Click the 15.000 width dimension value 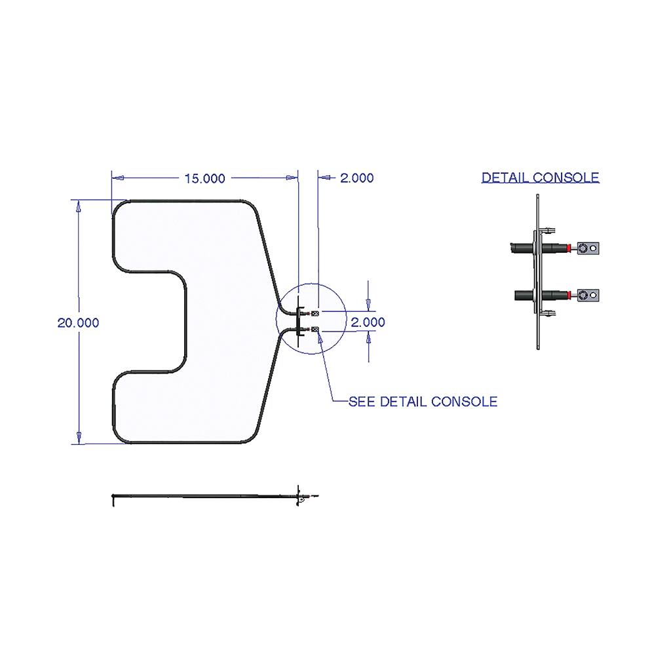click(x=204, y=178)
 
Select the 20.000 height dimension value click(x=78, y=322)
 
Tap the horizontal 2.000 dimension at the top click(x=356, y=178)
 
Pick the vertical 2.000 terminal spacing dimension click(x=368, y=322)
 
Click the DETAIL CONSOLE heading click(x=540, y=178)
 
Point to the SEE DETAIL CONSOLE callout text click(x=422, y=402)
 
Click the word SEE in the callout click(x=362, y=402)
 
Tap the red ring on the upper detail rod click(x=569, y=248)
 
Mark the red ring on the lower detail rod click(x=569, y=296)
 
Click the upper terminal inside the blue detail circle click(x=315, y=313)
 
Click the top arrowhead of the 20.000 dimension click(x=79, y=206)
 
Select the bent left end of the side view click(x=114, y=500)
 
